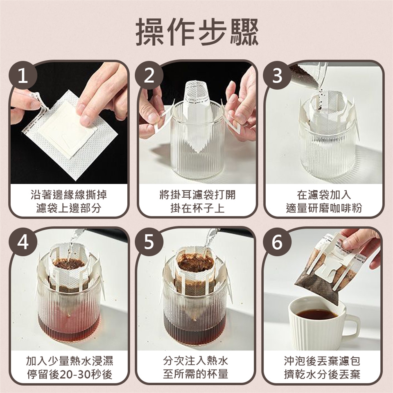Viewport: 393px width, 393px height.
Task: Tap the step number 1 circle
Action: pyautogui.click(x=23, y=75)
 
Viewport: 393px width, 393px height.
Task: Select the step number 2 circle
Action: pyautogui.click(x=149, y=75)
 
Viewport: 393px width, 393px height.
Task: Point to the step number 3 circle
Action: pyautogui.click(x=277, y=75)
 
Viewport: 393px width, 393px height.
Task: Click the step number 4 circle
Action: pyautogui.click(x=23, y=242)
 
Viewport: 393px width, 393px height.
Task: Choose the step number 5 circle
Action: pyautogui.click(x=149, y=242)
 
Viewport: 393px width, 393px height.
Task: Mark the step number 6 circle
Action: pyautogui.click(x=277, y=242)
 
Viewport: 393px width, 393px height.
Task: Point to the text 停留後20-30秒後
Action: pyautogui.click(x=70, y=375)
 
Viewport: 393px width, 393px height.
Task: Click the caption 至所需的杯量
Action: pyautogui.click(x=196, y=375)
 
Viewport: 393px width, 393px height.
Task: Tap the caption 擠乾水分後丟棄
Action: pyautogui.click(x=322, y=375)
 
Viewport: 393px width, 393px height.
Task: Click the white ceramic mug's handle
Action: pyautogui.click(x=352, y=327)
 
